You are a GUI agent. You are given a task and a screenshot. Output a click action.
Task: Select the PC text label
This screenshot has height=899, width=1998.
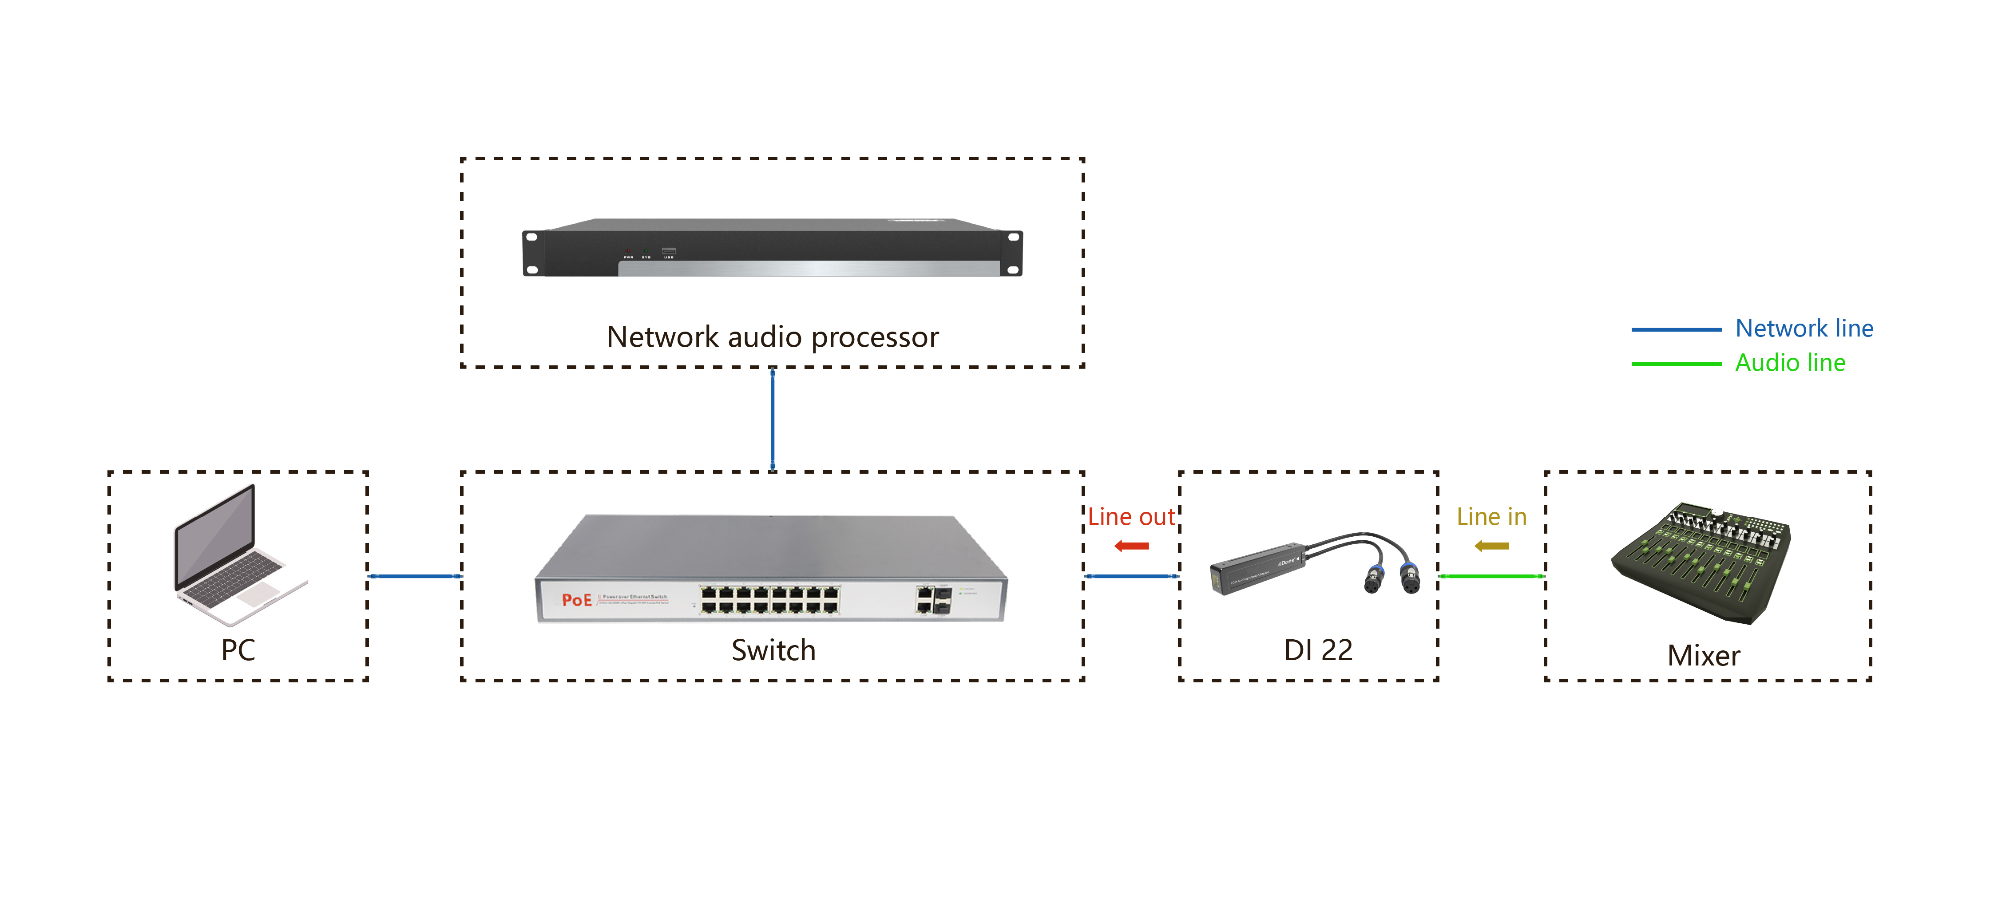click(x=238, y=650)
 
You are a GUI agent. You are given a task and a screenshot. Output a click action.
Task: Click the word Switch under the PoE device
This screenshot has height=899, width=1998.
click(x=773, y=650)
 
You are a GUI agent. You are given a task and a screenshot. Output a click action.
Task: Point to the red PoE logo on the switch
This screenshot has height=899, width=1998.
click(x=576, y=600)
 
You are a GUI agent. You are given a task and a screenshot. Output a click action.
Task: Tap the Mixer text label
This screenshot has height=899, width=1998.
click(x=1703, y=655)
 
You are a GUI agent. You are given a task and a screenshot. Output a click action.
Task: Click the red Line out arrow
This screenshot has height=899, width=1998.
click(x=1132, y=546)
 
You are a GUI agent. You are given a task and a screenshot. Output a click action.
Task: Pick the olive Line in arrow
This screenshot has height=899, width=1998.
click(x=1491, y=546)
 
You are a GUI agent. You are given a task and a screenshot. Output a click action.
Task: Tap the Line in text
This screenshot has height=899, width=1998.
click(x=1491, y=517)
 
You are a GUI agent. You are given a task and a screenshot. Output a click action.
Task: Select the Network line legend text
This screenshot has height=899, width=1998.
click(x=1804, y=328)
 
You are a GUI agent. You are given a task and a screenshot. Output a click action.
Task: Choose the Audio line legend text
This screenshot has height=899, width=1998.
click(x=1790, y=362)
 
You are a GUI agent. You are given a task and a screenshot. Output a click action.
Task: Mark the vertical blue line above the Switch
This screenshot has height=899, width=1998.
click(x=773, y=419)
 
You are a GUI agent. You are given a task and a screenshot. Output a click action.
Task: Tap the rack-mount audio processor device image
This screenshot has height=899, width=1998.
click(x=773, y=248)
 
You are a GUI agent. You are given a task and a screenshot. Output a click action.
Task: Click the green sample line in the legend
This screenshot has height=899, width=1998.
click(x=1675, y=363)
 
